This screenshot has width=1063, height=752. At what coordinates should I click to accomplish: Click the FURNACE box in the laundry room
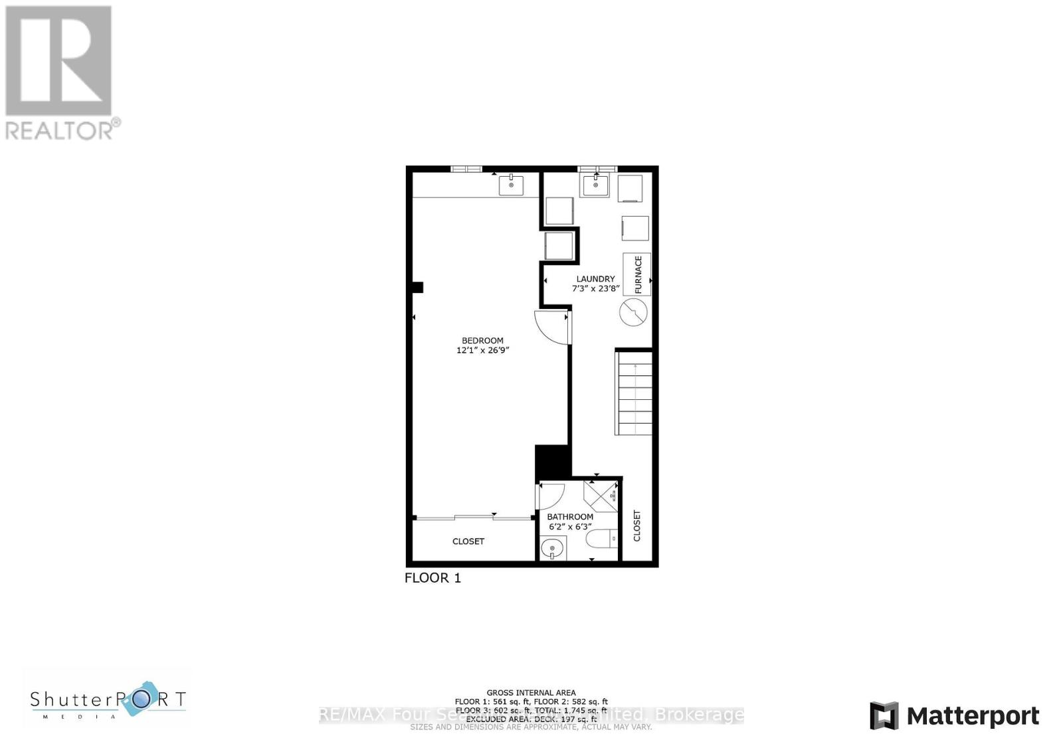636,274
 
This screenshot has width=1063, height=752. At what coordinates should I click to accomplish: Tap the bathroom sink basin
552,549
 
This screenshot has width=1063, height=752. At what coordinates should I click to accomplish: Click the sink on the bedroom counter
511,185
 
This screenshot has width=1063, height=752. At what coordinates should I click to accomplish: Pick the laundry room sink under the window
595,185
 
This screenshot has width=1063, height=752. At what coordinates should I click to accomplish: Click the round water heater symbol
633,312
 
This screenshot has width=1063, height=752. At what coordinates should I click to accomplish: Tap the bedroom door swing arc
551,328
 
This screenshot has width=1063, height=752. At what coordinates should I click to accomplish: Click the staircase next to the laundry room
634,393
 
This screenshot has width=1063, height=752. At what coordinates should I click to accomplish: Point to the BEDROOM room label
483,341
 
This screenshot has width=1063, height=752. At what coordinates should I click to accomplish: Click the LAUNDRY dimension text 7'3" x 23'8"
596,288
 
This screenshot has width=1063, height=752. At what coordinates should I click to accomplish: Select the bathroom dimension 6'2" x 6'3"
570,527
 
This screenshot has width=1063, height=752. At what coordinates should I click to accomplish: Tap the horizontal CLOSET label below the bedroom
468,541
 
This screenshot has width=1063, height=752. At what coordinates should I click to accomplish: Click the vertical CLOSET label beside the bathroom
637,525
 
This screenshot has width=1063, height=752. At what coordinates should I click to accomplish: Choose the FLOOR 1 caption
433,578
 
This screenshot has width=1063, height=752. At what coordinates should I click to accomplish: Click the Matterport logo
954,716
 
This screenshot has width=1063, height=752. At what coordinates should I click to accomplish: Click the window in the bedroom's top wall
466,169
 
